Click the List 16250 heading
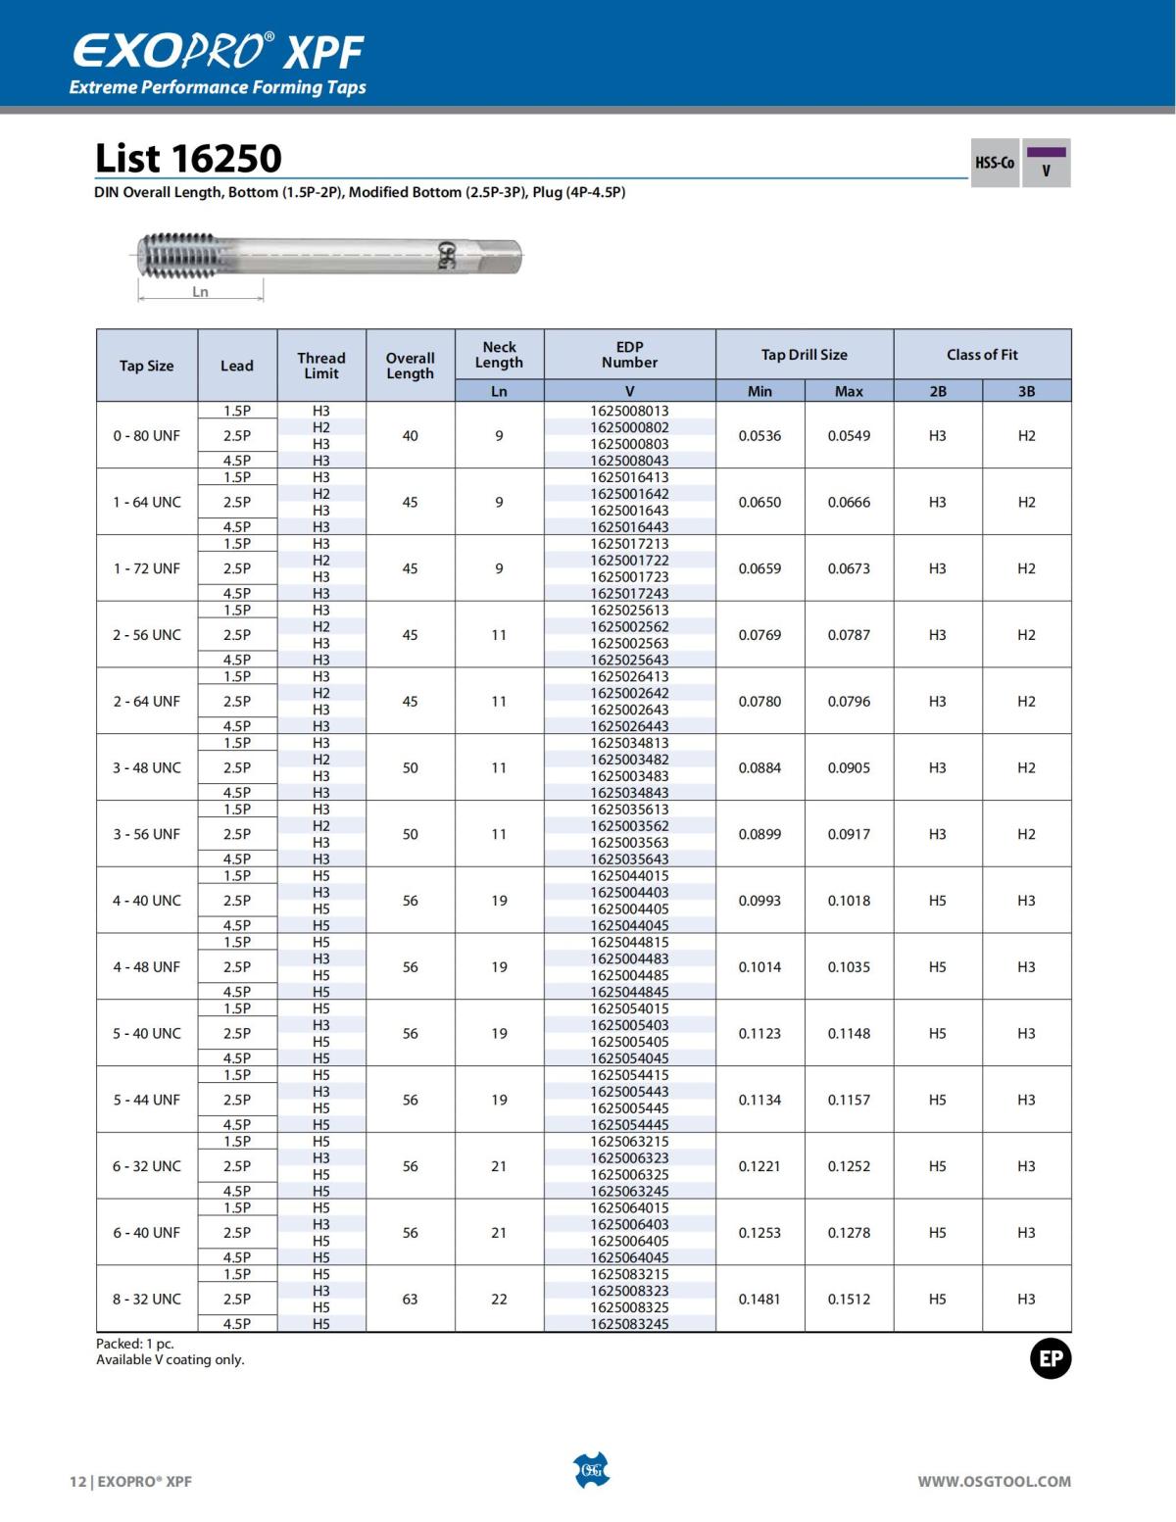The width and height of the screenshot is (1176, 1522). (188, 159)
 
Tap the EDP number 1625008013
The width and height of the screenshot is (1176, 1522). (629, 411)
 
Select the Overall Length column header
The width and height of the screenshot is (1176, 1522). (410, 366)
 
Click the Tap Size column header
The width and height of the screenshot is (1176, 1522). (147, 366)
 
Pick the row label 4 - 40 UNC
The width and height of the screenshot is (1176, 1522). (147, 901)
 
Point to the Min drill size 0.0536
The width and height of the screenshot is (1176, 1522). (759, 435)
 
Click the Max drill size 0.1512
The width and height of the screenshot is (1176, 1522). (849, 1299)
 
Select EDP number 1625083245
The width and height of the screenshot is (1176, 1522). (629, 1324)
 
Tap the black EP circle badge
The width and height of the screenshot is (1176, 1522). (1050, 1359)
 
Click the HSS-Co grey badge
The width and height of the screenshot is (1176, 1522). (994, 163)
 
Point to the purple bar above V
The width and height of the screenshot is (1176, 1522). (1046, 152)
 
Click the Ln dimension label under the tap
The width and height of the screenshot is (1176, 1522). (200, 292)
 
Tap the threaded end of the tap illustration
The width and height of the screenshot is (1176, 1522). (176, 255)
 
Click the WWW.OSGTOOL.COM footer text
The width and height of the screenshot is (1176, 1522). (994, 1482)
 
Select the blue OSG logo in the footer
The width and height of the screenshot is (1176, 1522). (590, 1470)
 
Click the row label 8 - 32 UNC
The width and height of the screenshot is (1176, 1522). (147, 1299)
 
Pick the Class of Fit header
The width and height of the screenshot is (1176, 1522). (982, 355)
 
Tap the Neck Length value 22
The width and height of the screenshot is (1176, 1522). (499, 1299)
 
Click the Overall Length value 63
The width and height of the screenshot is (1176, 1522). (410, 1299)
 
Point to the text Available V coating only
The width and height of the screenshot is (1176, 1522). (171, 1360)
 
